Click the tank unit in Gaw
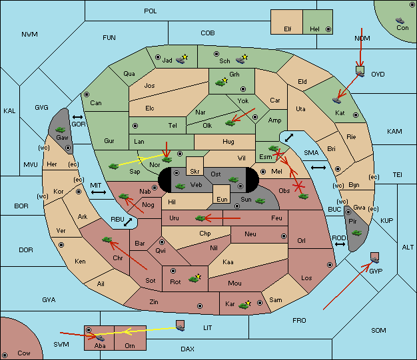pyautogui.click(x=61, y=130)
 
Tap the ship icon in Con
pyautogui.click(x=400, y=21)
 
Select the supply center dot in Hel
pyautogui.click(x=328, y=29)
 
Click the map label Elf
pyautogui.click(x=288, y=29)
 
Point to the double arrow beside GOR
pyautogui.click(x=78, y=117)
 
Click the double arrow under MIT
pyautogui.click(x=99, y=192)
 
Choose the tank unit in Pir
pyautogui.click(x=356, y=233)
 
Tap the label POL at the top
pyautogui.click(x=151, y=11)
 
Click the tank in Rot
pyautogui.click(x=194, y=279)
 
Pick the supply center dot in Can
pyautogui.click(x=87, y=94)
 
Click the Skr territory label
pyautogui.click(x=195, y=172)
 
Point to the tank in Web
pyautogui.click(x=180, y=186)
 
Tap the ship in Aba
pyautogui.click(x=100, y=337)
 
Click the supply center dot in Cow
pyautogui.click(x=5, y=355)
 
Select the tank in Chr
pyautogui.click(x=107, y=240)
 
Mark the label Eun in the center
pyautogui.click(x=222, y=199)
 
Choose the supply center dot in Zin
pyautogui.click(x=200, y=306)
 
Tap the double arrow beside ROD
pyautogui.click(x=340, y=244)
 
